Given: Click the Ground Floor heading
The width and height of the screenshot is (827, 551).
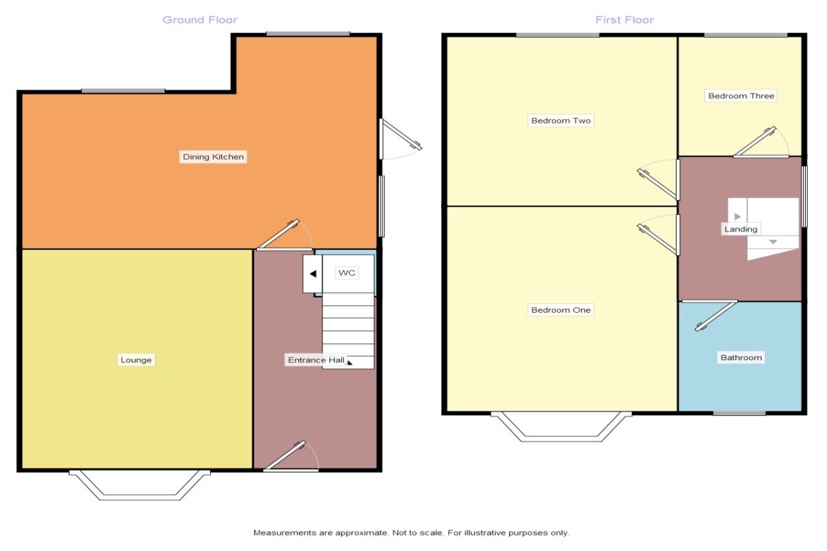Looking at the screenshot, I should (x=200, y=20).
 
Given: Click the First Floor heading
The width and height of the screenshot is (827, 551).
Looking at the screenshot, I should (x=624, y=20).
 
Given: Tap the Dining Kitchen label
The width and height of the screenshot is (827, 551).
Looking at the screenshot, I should (x=213, y=157).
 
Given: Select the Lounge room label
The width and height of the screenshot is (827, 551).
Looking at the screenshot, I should (x=136, y=360).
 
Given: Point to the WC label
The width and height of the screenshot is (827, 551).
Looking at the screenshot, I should (x=347, y=273).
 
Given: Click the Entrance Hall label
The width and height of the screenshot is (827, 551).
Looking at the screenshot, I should (x=316, y=360).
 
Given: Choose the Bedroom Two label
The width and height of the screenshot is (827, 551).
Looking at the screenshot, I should (x=561, y=121).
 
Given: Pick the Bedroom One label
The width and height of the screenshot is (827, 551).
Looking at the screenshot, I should (x=561, y=311).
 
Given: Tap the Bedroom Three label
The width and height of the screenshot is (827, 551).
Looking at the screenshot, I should (x=741, y=96).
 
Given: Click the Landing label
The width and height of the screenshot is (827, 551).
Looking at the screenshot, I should (x=741, y=229).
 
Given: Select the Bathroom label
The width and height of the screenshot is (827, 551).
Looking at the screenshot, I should (x=741, y=358).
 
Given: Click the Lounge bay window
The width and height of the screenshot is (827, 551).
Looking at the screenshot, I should (x=139, y=486).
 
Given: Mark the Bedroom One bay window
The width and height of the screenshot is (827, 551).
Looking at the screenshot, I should (x=561, y=427).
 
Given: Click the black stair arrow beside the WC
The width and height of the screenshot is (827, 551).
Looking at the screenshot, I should (x=312, y=274).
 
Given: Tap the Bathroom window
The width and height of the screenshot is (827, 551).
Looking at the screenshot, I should (x=739, y=414).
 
